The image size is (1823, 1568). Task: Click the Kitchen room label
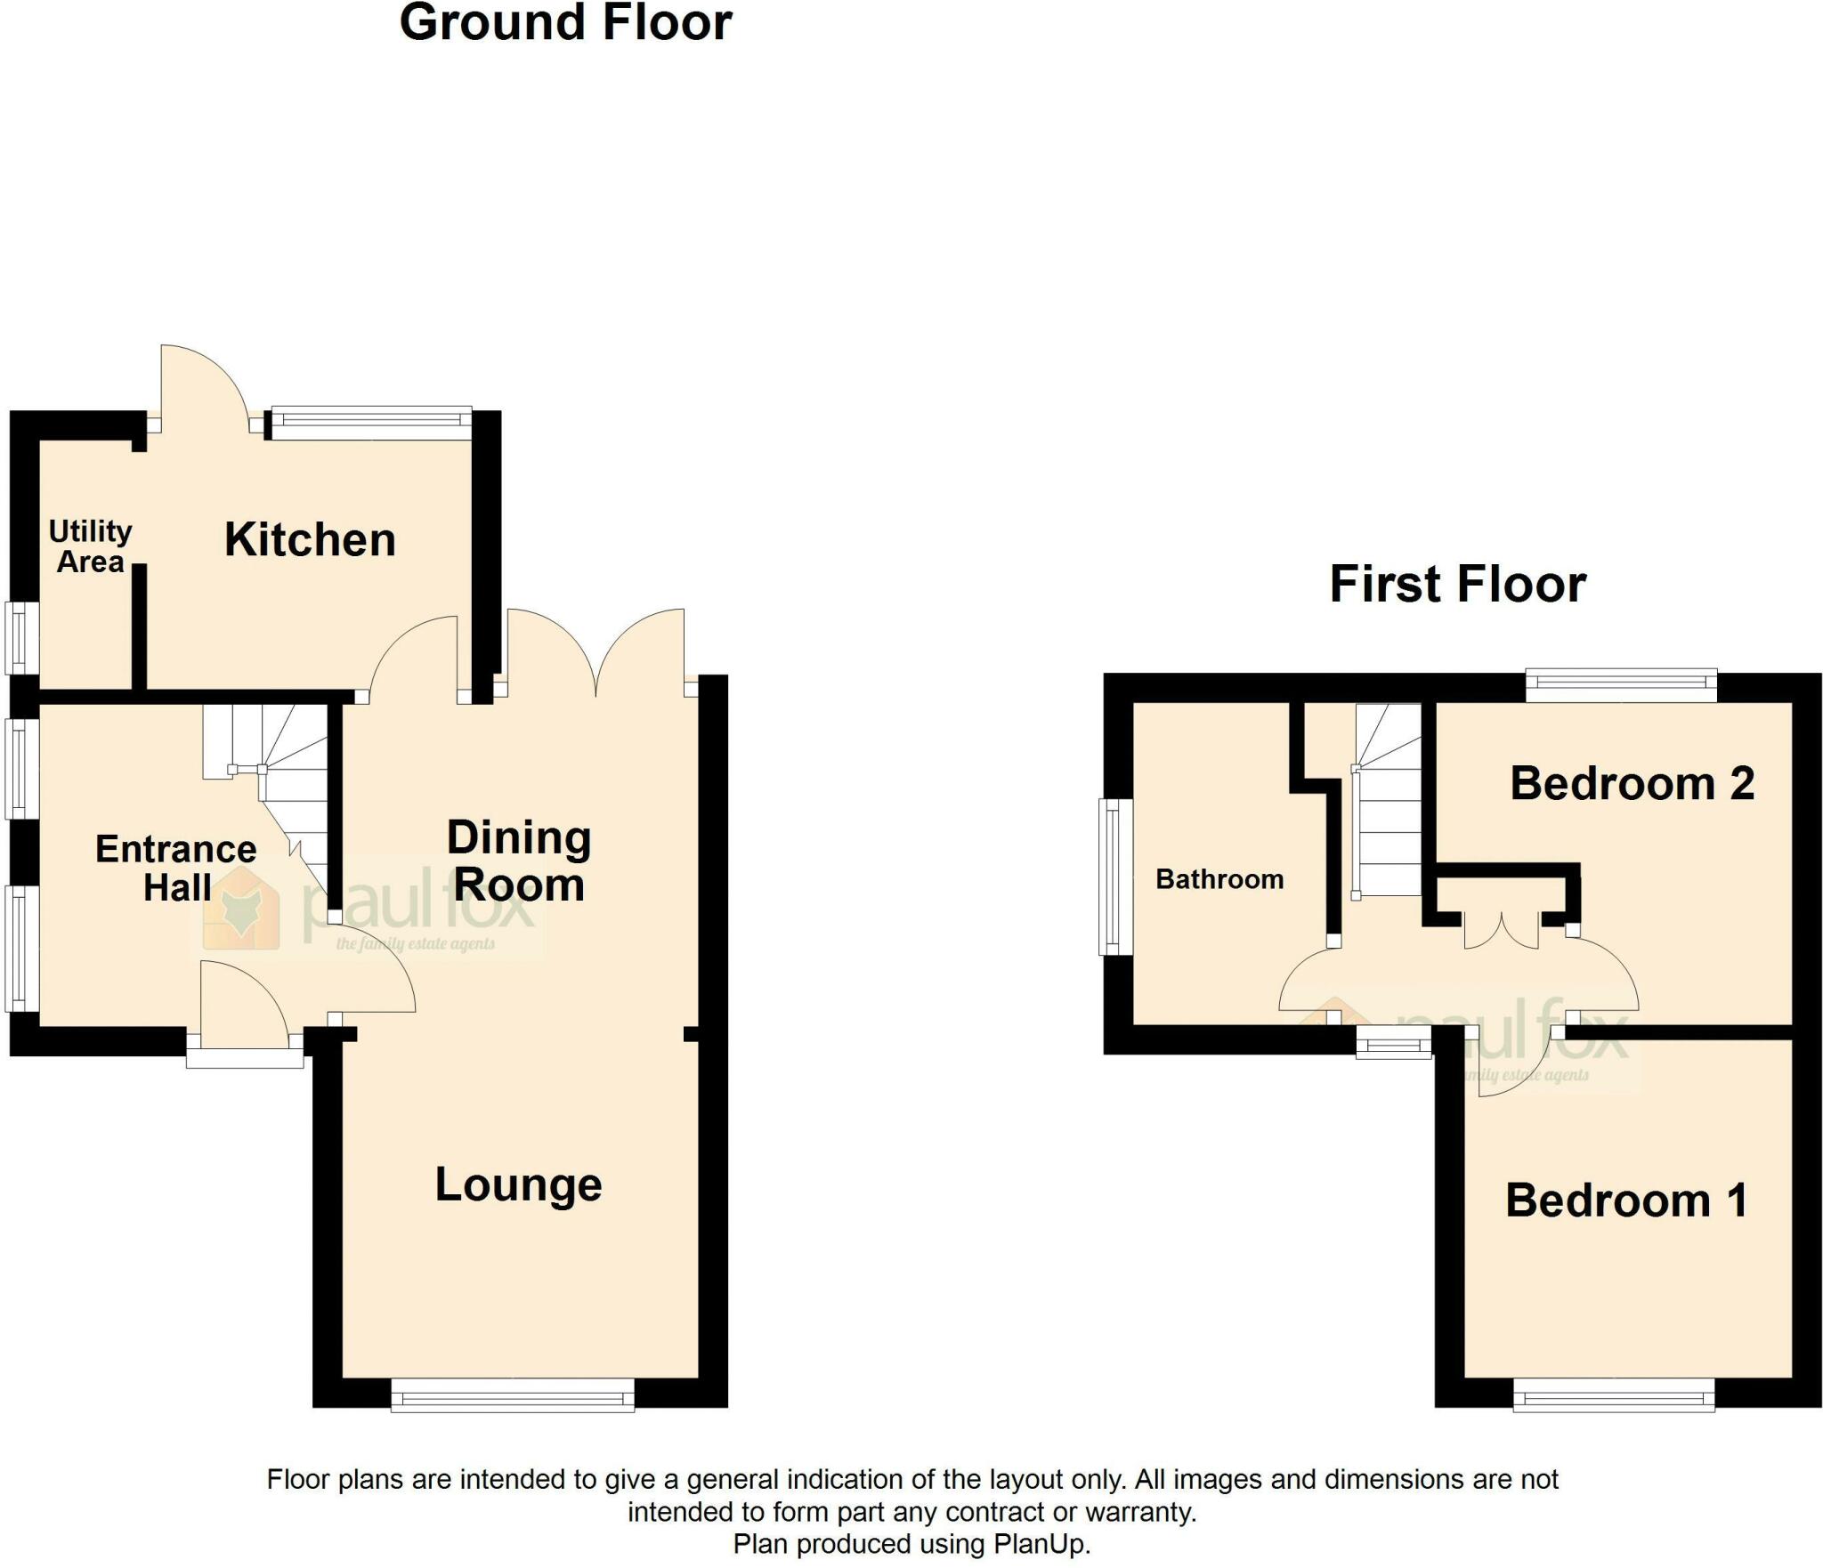[x=310, y=540]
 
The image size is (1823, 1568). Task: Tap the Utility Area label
[x=90, y=546]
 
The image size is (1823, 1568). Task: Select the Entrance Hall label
[x=176, y=868]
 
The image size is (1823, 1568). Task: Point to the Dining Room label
[x=519, y=861]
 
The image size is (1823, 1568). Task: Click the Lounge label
[x=518, y=1184]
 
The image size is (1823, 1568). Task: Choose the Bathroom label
[x=1219, y=879]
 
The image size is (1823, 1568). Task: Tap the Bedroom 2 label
[x=1632, y=784]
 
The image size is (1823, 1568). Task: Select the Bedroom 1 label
[x=1625, y=1200]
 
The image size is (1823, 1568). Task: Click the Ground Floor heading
[x=565, y=23]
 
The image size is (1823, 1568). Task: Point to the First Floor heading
[x=1457, y=585]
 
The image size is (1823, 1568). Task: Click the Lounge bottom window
[x=513, y=1394]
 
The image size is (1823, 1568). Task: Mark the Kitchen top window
[x=371, y=424]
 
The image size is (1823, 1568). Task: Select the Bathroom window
[x=1113, y=876]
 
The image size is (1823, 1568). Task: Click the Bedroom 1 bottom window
[x=1614, y=1394]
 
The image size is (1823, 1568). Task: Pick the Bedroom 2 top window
[x=1621, y=685]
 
